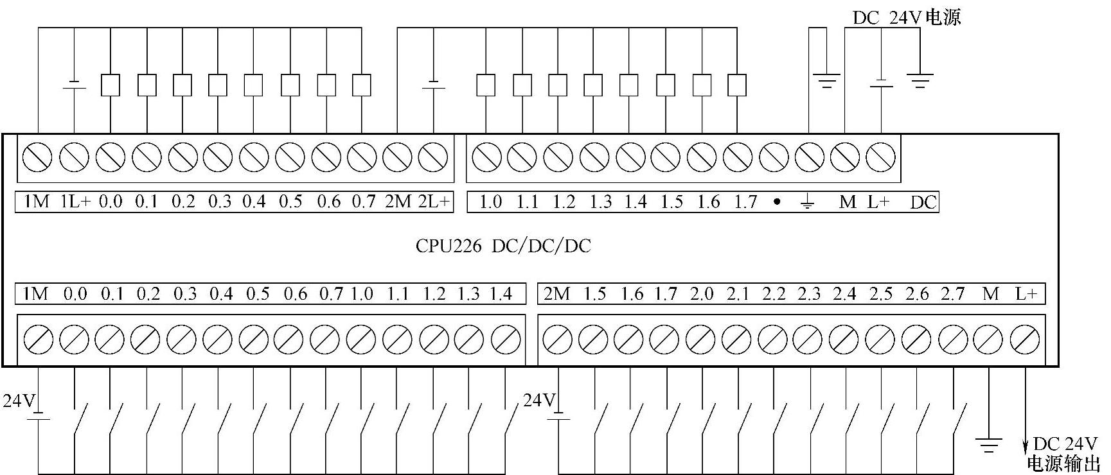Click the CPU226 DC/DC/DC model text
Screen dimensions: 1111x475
(x=502, y=246)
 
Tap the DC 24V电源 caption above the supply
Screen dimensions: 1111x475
(x=906, y=17)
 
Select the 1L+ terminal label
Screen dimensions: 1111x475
(x=76, y=202)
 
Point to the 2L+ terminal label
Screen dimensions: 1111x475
(x=434, y=202)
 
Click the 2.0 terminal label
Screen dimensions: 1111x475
(x=702, y=294)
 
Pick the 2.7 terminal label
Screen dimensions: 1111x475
(x=953, y=294)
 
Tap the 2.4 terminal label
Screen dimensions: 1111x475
(x=845, y=294)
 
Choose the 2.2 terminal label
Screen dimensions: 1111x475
(x=774, y=294)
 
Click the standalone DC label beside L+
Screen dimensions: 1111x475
(x=923, y=202)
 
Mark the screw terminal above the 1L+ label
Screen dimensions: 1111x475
(x=74, y=157)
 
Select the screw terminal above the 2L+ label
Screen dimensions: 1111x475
(x=433, y=157)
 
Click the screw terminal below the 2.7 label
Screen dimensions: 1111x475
(x=953, y=340)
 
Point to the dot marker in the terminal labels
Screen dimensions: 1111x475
(x=777, y=202)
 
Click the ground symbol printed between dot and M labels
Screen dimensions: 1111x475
(x=808, y=203)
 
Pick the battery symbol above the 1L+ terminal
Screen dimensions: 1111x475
(x=75, y=85)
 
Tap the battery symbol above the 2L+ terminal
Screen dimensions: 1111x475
(x=434, y=85)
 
